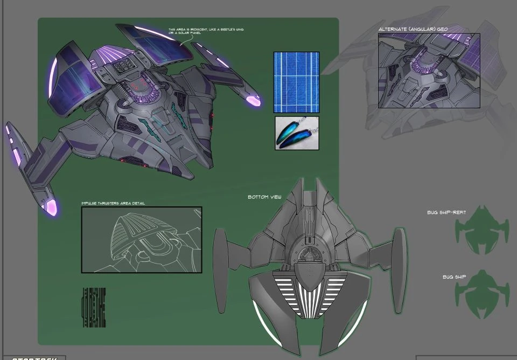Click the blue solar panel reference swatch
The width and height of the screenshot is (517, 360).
296,82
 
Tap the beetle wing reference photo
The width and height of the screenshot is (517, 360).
297,133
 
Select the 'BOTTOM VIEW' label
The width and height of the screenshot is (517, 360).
264,197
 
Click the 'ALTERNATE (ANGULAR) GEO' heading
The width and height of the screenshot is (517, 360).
413,29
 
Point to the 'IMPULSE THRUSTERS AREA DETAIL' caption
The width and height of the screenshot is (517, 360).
113,203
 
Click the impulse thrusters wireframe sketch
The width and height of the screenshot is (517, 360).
141,239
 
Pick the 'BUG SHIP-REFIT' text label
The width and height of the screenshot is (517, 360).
446,213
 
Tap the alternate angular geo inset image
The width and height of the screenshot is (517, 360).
429,71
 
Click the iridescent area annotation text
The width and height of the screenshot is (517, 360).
206,31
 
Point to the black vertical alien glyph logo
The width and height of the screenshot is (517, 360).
94,307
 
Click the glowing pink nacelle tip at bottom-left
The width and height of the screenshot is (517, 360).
52,207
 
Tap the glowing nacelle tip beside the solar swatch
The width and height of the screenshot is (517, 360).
253,100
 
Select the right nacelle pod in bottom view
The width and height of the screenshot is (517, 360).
400,269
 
